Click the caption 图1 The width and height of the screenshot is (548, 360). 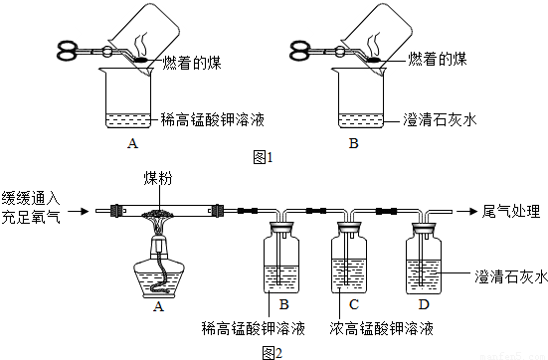(263, 158)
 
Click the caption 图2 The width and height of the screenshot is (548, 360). (272, 353)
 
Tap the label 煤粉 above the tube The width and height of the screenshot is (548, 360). (158, 178)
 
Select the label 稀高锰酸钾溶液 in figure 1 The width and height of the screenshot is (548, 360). (213, 119)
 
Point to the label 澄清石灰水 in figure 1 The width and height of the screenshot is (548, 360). (440, 119)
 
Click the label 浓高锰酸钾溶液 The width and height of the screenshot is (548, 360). (381, 328)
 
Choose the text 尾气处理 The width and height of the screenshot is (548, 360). (511, 211)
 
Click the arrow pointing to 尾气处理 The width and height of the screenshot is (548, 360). (466, 211)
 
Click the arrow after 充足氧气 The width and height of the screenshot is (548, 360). (79, 211)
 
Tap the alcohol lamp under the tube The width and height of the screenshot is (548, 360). (159, 267)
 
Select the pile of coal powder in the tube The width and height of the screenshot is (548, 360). (159, 213)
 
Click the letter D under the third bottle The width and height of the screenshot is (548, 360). (424, 304)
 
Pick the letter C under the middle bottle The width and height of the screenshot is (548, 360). (354, 304)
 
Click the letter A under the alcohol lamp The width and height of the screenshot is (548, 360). (158, 306)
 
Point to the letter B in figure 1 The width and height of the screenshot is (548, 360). (354, 143)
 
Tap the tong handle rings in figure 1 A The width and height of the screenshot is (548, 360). (67, 51)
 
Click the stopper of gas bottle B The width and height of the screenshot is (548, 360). (281, 227)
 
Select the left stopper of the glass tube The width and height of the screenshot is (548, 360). (117, 211)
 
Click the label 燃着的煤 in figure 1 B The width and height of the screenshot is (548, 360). (437, 59)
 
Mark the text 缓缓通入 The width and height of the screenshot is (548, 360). (31, 199)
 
